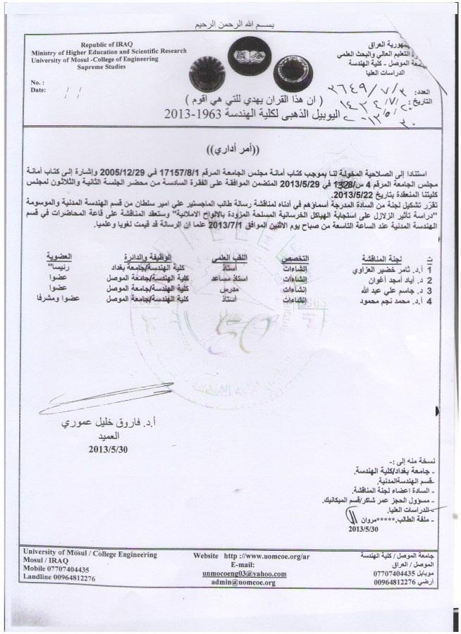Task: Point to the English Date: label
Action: point(39,90)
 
